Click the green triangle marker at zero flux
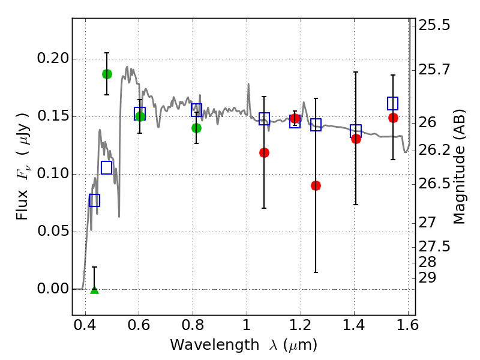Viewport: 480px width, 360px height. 95,290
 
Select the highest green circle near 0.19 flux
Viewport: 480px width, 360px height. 107,74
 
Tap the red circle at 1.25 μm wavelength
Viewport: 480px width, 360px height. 316,185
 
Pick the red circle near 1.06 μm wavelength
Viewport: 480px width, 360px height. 264,152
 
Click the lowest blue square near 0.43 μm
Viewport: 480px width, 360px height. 94,200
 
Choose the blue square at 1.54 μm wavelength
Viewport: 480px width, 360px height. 392,103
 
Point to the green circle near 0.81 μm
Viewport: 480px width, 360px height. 197,128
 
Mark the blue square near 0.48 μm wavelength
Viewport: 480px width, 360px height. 107,167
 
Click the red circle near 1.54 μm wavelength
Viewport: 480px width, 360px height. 393,118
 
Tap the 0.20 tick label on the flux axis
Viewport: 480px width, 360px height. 53,58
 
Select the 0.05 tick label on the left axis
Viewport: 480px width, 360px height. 53,231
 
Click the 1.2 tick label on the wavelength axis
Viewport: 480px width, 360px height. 301,325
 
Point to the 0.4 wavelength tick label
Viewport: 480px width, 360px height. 85,325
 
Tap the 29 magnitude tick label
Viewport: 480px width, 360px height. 427,278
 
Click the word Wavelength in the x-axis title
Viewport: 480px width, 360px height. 215,345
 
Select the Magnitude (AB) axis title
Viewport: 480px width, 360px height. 458,167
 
